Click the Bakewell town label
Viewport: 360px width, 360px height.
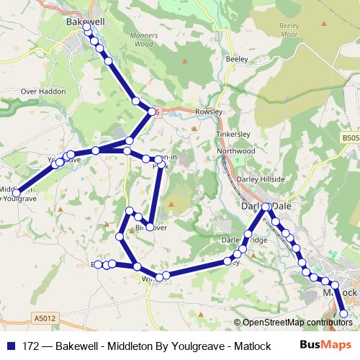coord(85,22)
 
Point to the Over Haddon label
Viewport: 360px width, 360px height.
coord(43,92)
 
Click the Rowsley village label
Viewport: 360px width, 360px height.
coord(209,112)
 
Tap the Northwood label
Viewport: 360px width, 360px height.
coord(236,151)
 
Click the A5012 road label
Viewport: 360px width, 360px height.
coord(45,317)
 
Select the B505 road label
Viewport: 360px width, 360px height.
coord(350,138)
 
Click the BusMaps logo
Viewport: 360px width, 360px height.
coord(325,345)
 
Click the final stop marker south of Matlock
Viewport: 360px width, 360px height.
coord(343,314)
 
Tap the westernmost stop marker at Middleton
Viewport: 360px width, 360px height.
coord(17,193)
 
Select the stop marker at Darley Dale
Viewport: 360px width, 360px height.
coord(266,207)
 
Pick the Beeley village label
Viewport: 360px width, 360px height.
coord(236,59)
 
